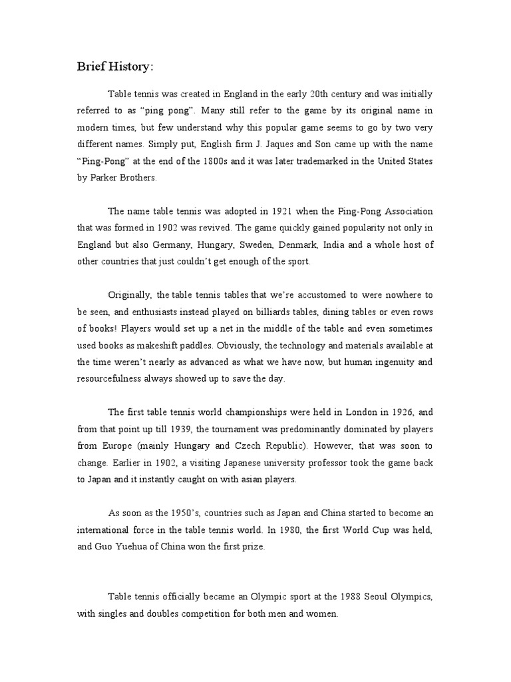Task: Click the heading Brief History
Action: [114, 67]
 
